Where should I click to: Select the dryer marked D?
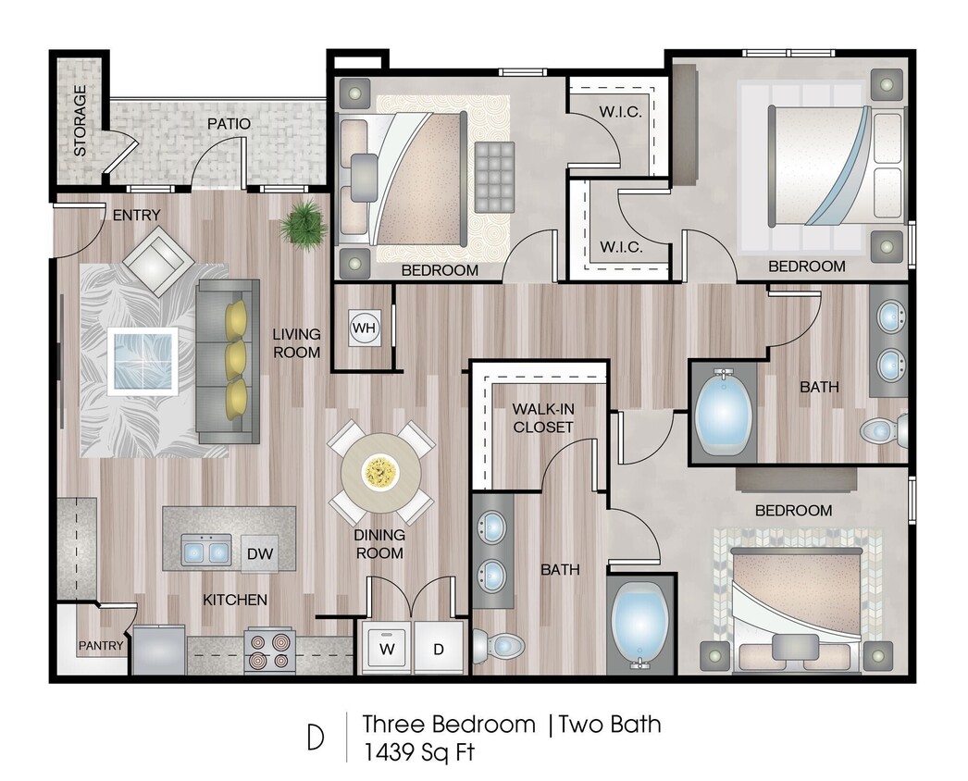pyautogui.click(x=439, y=649)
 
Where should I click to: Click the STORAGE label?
pyautogui.click(x=81, y=120)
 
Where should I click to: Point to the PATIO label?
pyautogui.click(x=229, y=123)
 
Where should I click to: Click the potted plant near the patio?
pyautogui.click(x=304, y=224)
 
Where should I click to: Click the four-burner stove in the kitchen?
pyautogui.click(x=269, y=651)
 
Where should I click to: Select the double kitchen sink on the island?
pyautogui.click(x=205, y=552)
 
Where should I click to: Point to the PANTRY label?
pyautogui.click(x=101, y=645)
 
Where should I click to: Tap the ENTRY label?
pyautogui.click(x=136, y=216)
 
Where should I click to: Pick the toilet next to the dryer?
pyautogui.click(x=497, y=645)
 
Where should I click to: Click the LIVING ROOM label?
pyautogui.click(x=296, y=342)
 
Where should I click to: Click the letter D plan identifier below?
pyautogui.click(x=316, y=738)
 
